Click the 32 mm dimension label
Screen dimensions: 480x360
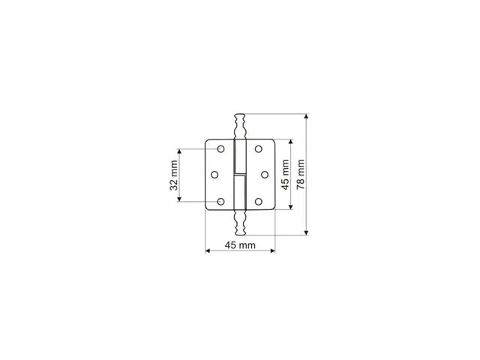click(x=174, y=175)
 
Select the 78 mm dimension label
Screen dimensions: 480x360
click(x=301, y=174)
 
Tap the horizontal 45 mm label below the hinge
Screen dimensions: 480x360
click(x=240, y=245)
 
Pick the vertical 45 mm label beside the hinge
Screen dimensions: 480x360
click(x=285, y=175)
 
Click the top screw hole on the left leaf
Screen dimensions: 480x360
click(x=220, y=149)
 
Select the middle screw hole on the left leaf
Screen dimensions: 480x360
click(x=214, y=175)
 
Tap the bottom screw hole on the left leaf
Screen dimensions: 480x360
click(x=220, y=202)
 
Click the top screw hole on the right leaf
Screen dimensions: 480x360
click(x=259, y=149)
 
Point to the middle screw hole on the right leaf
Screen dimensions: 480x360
click(x=265, y=175)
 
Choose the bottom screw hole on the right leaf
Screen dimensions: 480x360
click(x=259, y=202)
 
